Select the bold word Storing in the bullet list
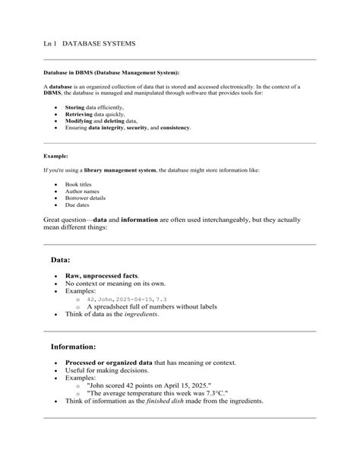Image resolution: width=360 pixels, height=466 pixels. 74,109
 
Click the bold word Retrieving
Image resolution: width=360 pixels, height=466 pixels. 78,116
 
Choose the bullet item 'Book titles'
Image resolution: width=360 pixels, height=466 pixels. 80,185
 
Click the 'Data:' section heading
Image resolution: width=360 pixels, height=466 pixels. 61,259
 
